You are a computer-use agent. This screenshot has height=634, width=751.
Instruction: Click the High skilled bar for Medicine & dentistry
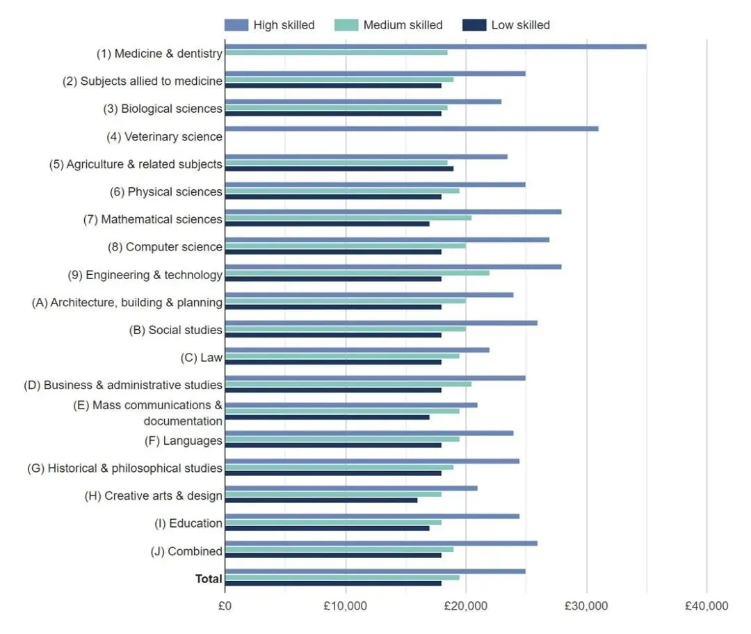435,47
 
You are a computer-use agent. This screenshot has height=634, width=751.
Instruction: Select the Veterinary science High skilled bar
412,129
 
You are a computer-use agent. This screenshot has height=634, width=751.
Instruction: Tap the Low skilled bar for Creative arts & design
321,500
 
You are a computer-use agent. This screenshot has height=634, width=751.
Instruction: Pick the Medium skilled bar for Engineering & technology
357,273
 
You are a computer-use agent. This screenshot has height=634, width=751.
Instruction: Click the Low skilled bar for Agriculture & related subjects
339,168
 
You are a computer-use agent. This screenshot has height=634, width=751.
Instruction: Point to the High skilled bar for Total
375,571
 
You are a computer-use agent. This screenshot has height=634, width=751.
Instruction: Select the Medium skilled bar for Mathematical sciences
348,218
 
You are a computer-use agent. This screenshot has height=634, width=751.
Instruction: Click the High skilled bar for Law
357,350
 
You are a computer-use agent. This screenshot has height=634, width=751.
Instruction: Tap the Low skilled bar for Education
327,528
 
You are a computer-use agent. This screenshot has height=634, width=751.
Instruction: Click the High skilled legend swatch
236,25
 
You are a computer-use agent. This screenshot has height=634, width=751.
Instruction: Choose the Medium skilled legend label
403,25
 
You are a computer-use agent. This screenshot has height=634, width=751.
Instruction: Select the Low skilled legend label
520,25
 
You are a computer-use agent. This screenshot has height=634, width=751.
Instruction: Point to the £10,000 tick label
346,606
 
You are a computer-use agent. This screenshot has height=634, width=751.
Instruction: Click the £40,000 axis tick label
706,606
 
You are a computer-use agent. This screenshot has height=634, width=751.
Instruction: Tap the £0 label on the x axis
225,606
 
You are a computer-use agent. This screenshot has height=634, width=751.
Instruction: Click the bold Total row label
209,579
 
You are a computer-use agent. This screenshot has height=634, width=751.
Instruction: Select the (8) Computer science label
165,247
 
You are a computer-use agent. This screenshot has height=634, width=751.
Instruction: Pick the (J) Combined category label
186,551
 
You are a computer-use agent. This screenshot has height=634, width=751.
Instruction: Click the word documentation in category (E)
183,421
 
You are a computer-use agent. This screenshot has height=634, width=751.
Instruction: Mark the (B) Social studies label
175,330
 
